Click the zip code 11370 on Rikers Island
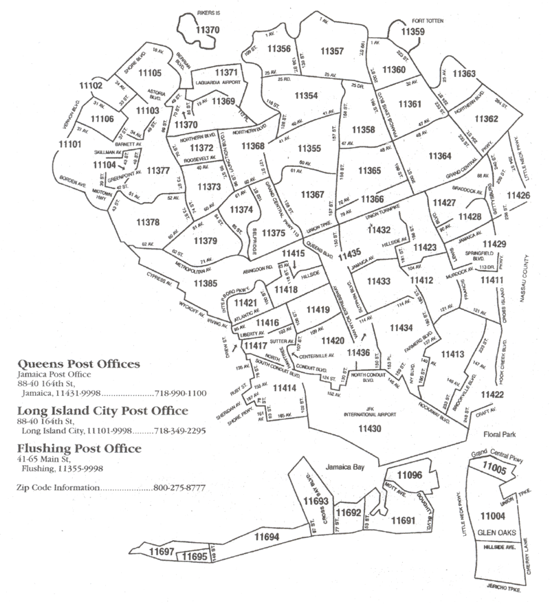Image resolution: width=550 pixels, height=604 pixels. (207, 30)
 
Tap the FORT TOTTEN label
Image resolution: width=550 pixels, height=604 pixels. (428, 21)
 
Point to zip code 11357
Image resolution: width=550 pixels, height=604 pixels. (332, 52)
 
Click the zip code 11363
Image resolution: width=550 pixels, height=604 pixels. (464, 74)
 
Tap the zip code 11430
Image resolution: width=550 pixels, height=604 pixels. (369, 429)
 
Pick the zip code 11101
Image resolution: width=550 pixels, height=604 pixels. (69, 144)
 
